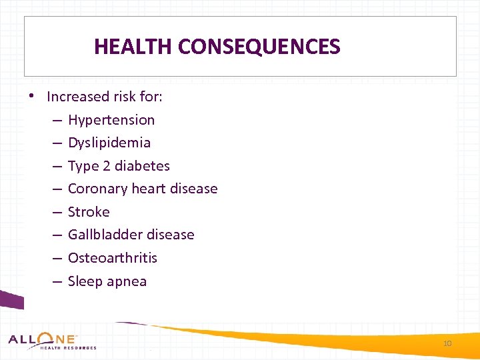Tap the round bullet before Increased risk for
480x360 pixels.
coord(32,95)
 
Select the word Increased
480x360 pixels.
coord(77,97)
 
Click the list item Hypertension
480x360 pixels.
coord(111,120)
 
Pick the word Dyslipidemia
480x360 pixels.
coord(109,143)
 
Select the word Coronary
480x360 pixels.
coord(95,189)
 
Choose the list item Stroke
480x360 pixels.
coord(89,212)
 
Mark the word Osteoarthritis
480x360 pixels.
coord(113,258)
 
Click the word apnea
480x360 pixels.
coord(127,281)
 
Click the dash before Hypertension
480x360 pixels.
coord(57,121)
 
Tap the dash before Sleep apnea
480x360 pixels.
coord(57,282)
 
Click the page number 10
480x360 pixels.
coord(447,343)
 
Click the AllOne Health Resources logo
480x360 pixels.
coord(52,341)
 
